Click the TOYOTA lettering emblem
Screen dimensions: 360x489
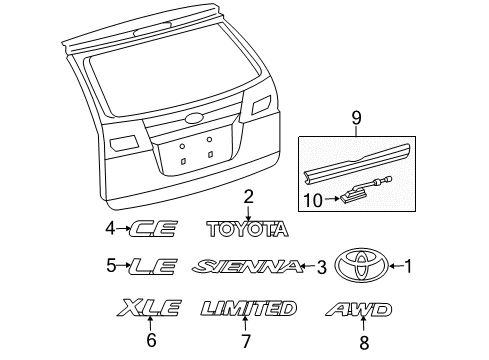point(247,229)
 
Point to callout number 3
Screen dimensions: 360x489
point(322,267)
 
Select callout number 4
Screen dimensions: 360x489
point(111,229)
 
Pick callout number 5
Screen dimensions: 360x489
point(111,266)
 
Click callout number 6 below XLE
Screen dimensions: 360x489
point(151,339)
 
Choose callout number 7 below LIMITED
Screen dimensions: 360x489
point(247,340)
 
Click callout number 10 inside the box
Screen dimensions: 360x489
point(314,200)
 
